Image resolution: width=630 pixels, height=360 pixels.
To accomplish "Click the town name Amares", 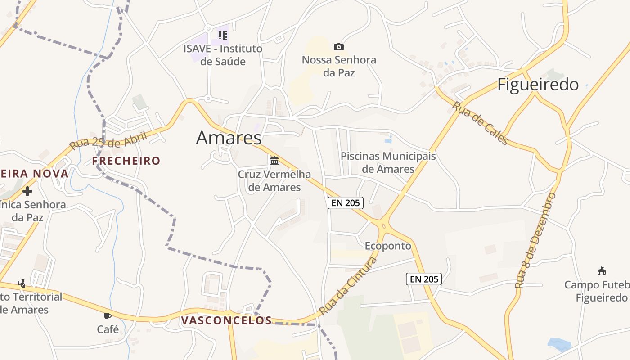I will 229,138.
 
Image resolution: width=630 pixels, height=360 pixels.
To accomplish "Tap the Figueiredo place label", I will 538,84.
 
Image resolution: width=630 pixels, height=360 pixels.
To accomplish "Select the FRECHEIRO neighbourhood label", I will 126,161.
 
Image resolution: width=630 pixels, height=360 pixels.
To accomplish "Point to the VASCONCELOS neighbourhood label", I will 227,320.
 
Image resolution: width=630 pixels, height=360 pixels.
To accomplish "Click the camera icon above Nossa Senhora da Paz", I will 338,47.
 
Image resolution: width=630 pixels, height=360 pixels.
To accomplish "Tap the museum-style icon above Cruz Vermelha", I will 274,161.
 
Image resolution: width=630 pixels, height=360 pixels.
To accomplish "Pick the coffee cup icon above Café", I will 108,316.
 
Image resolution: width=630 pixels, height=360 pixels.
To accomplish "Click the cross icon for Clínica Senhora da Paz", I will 27,191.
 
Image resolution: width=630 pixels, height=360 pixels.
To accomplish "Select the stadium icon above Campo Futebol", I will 602,271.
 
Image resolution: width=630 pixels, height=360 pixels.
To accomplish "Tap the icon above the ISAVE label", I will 222,35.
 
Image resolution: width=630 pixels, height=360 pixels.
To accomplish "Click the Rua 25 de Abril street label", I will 108,141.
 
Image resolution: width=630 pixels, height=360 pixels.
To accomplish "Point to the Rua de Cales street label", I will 480,123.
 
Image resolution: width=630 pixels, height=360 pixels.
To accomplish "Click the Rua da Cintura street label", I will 347,286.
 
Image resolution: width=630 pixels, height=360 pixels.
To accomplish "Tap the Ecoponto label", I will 388,246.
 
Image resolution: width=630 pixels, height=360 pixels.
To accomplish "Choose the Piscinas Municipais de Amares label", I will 388,162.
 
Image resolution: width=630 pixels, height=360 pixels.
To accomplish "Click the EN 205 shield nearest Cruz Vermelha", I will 345,203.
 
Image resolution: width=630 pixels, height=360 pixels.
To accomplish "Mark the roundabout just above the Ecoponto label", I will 383,225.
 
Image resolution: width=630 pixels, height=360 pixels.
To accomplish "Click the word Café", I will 108,329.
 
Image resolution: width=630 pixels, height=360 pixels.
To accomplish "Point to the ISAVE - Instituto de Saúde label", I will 223,55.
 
